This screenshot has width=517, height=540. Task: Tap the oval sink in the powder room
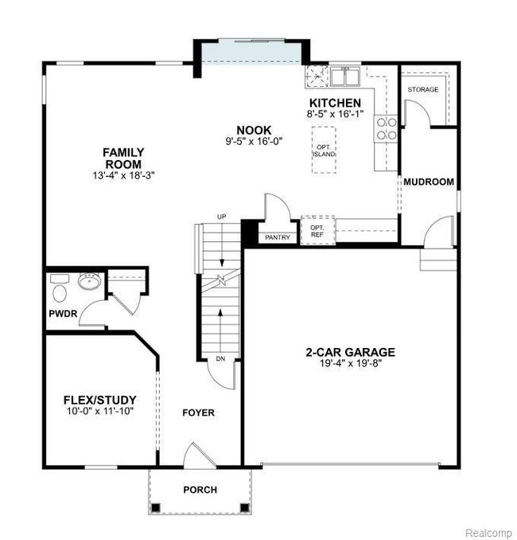coord(89,281)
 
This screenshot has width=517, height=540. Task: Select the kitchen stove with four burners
coord(387,128)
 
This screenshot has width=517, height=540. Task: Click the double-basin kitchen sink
coord(345,76)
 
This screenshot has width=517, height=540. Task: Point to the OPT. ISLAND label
coord(324,151)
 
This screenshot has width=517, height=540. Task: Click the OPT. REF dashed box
coord(318,230)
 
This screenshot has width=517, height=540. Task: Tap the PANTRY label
coord(278,237)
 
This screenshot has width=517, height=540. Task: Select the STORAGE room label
coord(423,89)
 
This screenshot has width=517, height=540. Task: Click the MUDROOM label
coord(429,182)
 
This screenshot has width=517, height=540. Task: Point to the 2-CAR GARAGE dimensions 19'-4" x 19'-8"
coord(351,363)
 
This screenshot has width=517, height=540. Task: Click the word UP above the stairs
coord(222,217)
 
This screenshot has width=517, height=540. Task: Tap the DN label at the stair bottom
coord(220,358)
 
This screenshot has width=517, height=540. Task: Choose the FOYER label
coord(199,413)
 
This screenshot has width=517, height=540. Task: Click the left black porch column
coord(156,507)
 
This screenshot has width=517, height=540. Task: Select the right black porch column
coord(244,507)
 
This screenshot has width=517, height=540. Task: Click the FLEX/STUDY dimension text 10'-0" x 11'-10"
coord(100,411)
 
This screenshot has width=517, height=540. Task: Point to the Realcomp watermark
coord(488,532)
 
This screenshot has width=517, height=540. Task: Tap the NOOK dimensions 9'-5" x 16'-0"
coord(254,141)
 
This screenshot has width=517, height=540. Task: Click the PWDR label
coord(63,313)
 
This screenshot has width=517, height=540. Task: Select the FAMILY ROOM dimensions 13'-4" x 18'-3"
coord(123,175)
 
